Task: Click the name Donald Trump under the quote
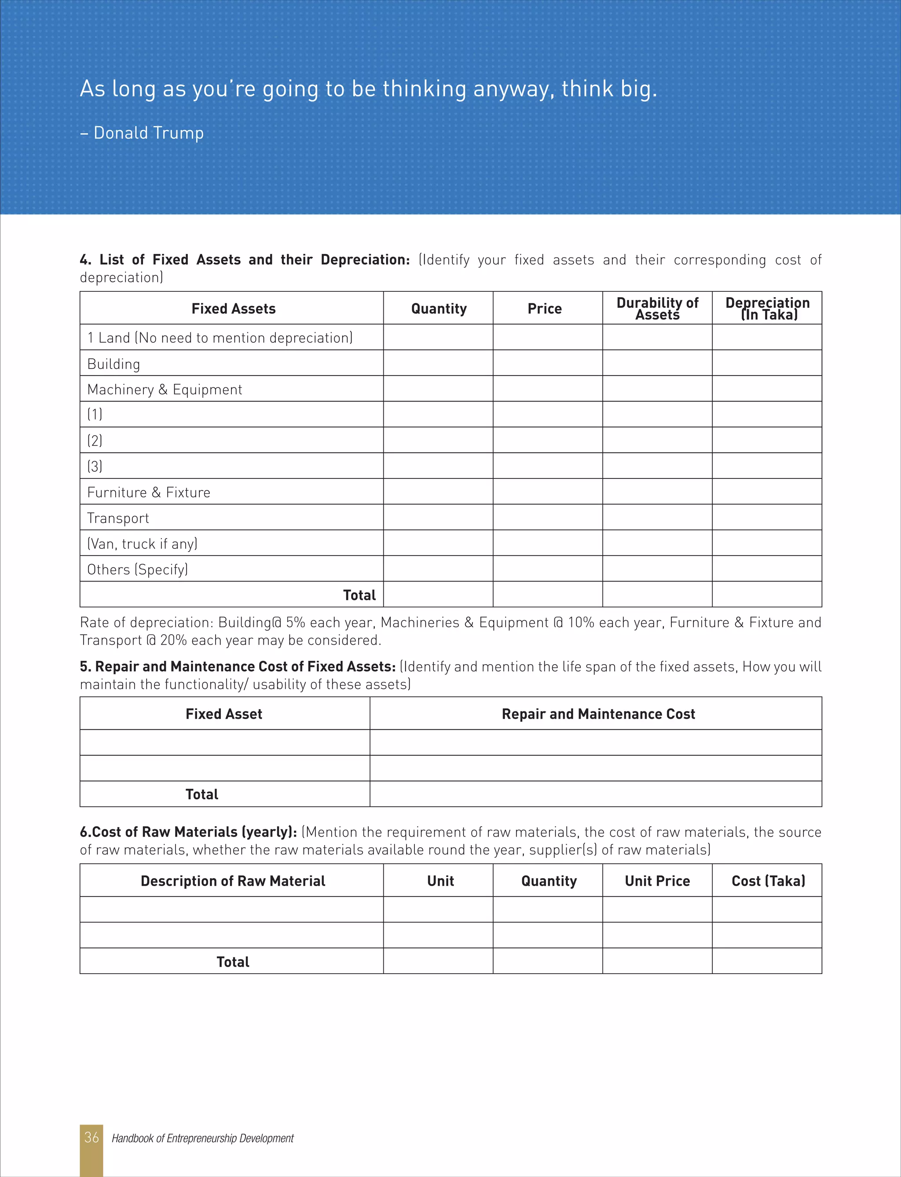click(149, 132)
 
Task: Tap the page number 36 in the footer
click(92, 1137)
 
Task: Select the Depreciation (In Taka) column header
click(767, 309)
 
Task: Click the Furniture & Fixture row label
click(149, 492)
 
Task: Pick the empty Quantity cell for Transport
click(438, 517)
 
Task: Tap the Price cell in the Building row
click(548, 363)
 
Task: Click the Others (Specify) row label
click(137, 569)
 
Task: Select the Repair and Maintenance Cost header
click(598, 714)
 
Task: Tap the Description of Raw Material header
click(233, 881)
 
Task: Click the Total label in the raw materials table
click(233, 962)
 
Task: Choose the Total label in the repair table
click(201, 794)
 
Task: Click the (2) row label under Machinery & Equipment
click(95, 441)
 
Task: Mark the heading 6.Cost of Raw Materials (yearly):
click(188, 832)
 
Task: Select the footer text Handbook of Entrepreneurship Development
click(203, 1138)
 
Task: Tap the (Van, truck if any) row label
click(143, 544)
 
